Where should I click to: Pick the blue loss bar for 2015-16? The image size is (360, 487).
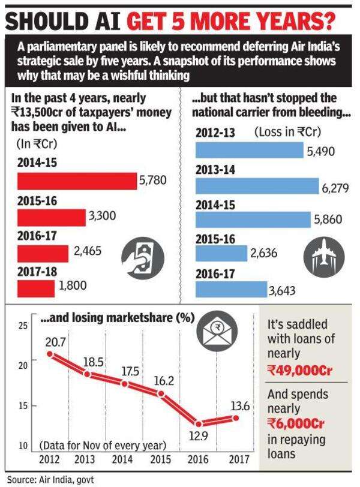coord(221,254)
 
